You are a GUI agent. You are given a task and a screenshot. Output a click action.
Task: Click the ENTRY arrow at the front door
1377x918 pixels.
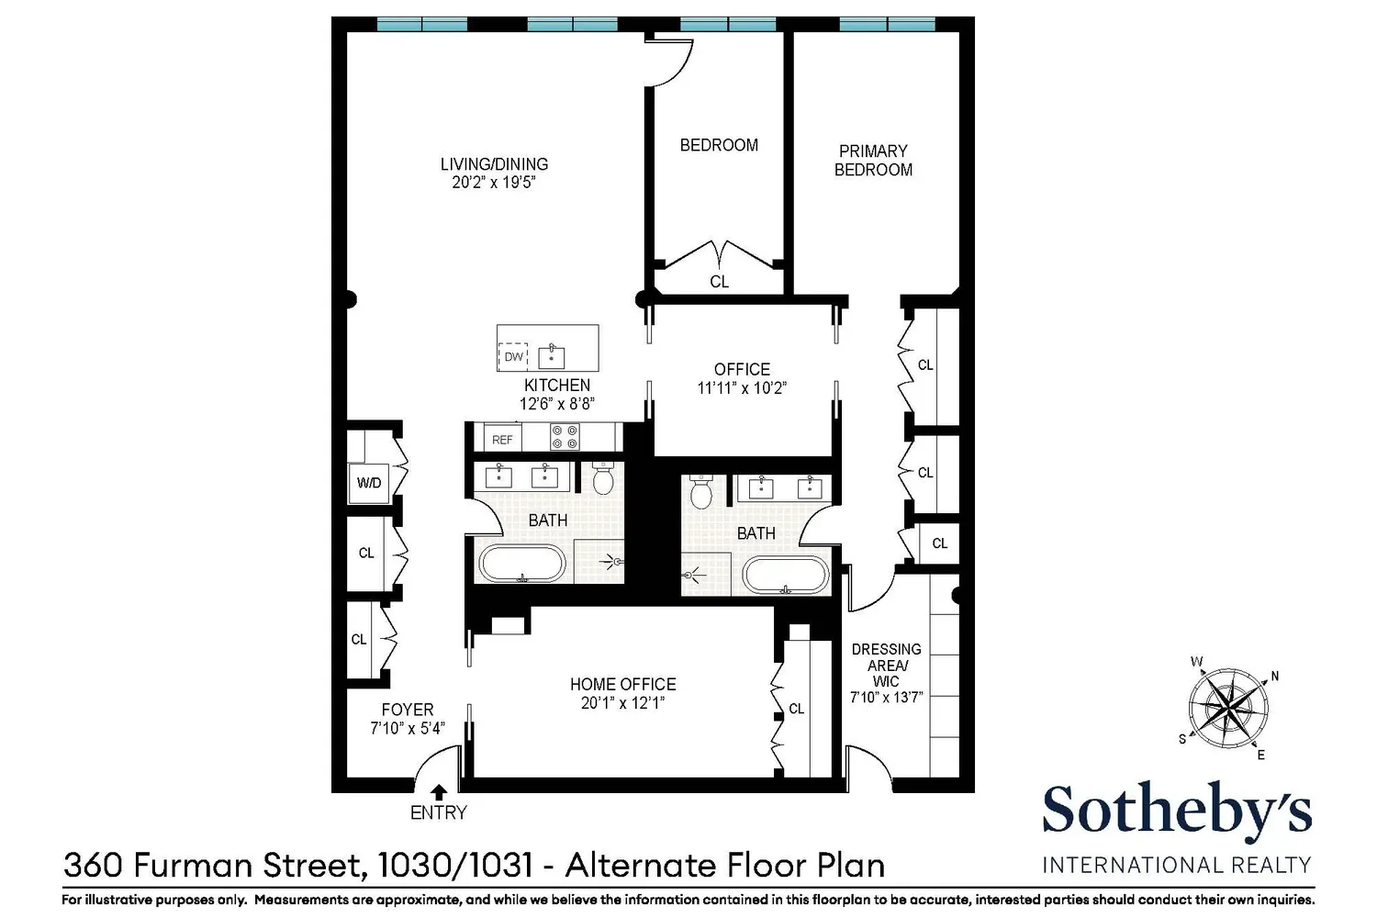pyautogui.click(x=439, y=792)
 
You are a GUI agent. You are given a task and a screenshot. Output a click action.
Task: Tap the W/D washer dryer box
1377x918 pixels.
pyautogui.click(x=369, y=483)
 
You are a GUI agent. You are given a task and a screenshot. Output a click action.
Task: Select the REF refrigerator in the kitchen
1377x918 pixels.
pyautogui.click(x=502, y=440)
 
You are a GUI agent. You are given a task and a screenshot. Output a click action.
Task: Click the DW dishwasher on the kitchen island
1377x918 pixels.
pyautogui.click(x=513, y=356)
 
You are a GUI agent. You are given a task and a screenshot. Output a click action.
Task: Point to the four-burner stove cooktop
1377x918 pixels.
pyautogui.click(x=565, y=437)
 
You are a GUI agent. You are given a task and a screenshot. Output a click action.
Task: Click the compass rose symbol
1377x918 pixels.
pyautogui.click(x=1227, y=708)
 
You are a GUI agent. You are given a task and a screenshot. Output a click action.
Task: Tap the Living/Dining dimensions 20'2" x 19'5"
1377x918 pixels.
pyautogui.click(x=494, y=183)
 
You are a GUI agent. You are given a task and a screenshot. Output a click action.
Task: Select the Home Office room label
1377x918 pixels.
pyautogui.click(x=622, y=684)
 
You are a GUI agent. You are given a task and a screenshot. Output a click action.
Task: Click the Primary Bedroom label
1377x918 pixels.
pyautogui.click(x=873, y=161)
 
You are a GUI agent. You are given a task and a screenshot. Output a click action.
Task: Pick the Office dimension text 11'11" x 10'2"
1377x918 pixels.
pyautogui.click(x=742, y=388)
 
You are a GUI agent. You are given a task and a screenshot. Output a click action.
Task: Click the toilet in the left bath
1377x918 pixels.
pyautogui.click(x=604, y=477)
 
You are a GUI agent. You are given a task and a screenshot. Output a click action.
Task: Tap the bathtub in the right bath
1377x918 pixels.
pyautogui.click(x=786, y=576)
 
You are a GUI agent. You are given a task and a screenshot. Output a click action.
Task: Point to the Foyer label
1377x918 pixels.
pyautogui.click(x=408, y=710)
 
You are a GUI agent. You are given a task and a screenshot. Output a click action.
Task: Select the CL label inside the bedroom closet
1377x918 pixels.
pyautogui.click(x=719, y=282)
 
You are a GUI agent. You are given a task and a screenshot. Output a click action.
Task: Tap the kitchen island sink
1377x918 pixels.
pyautogui.click(x=552, y=357)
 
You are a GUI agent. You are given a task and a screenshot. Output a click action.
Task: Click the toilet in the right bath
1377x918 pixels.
pyautogui.click(x=700, y=491)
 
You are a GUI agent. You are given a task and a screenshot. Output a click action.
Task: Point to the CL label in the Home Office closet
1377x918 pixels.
pyautogui.click(x=796, y=709)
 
